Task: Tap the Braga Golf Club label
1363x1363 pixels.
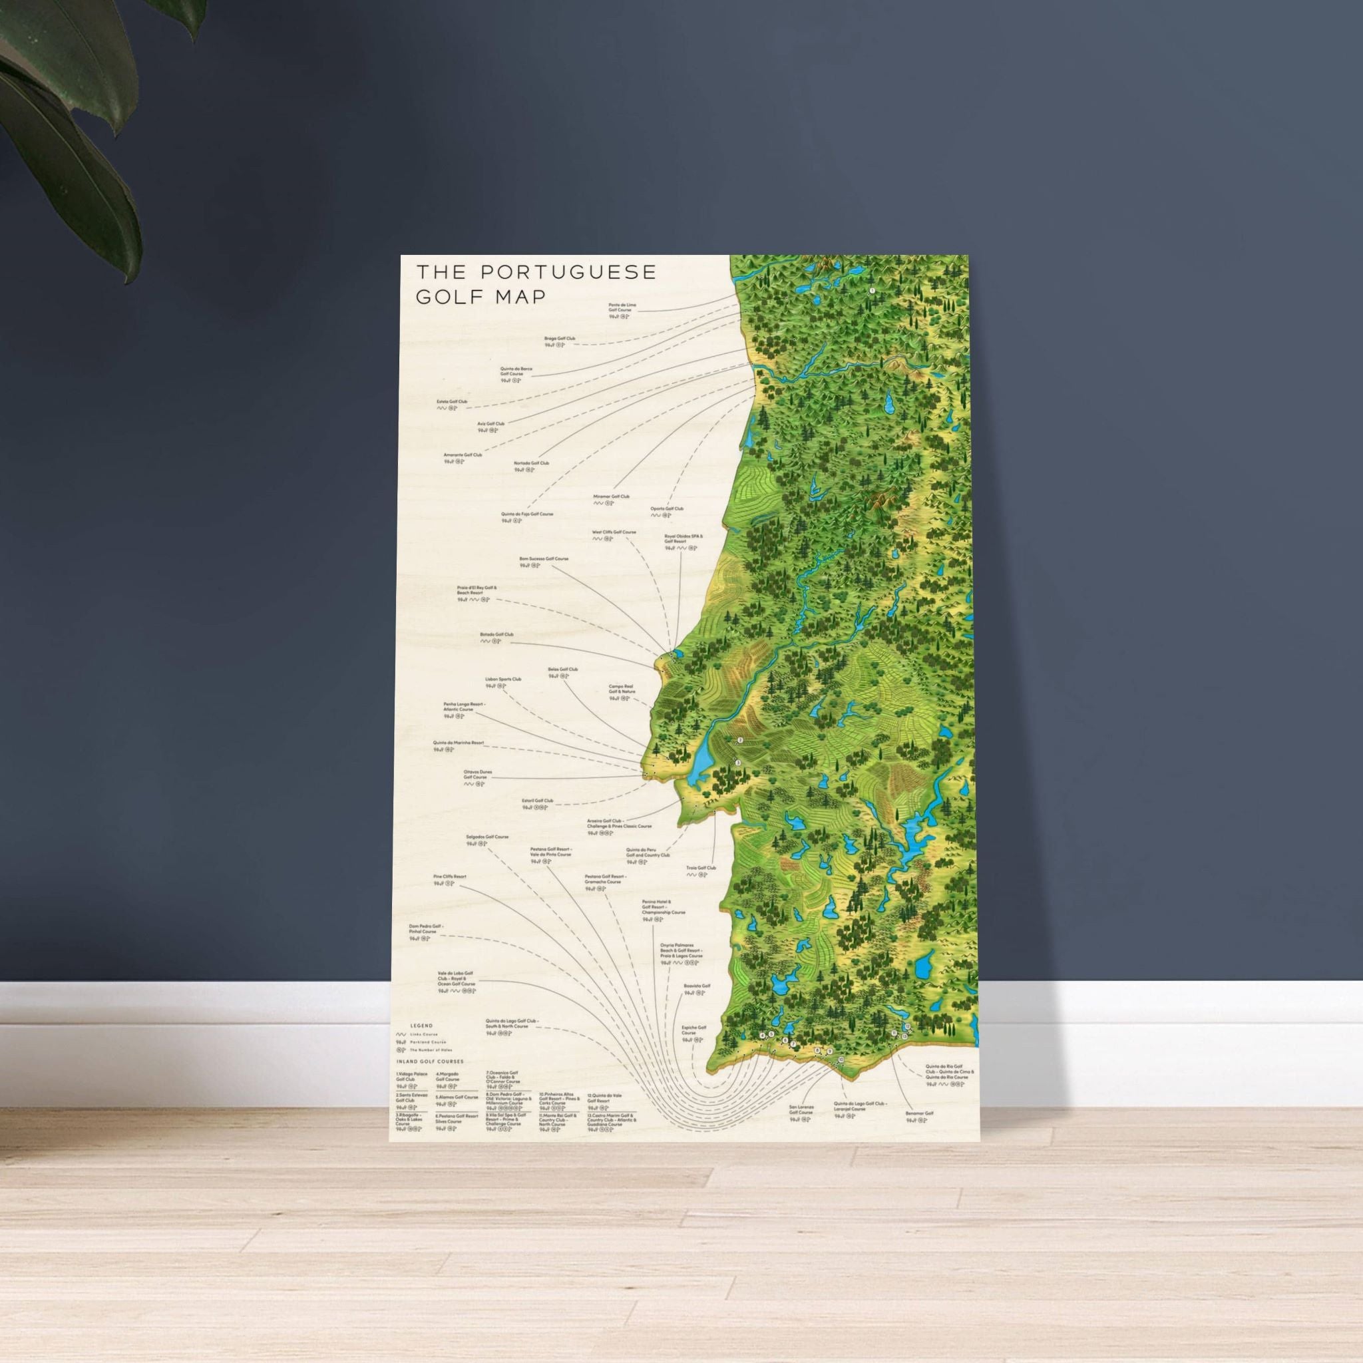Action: click(560, 339)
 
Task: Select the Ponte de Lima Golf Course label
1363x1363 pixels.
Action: click(622, 307)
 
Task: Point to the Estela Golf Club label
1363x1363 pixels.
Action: click(452, 401)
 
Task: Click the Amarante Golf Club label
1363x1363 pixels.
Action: click(462, 455)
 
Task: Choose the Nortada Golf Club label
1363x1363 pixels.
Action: click(531, 463)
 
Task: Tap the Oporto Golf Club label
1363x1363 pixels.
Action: click(667, 508)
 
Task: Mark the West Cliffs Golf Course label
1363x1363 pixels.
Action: click(614, 532)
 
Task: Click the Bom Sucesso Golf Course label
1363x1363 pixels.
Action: click(543, 559)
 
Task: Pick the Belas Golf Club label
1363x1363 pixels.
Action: click(562, 670)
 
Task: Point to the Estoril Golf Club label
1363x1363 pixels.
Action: click(538, 801)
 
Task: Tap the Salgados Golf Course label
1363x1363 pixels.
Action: click(487, 837)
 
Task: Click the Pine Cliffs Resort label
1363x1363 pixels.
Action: click(449, 877)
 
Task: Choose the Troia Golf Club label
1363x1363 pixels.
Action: click(701, 869)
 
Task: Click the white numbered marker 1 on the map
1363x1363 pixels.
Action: click(872, 290)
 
